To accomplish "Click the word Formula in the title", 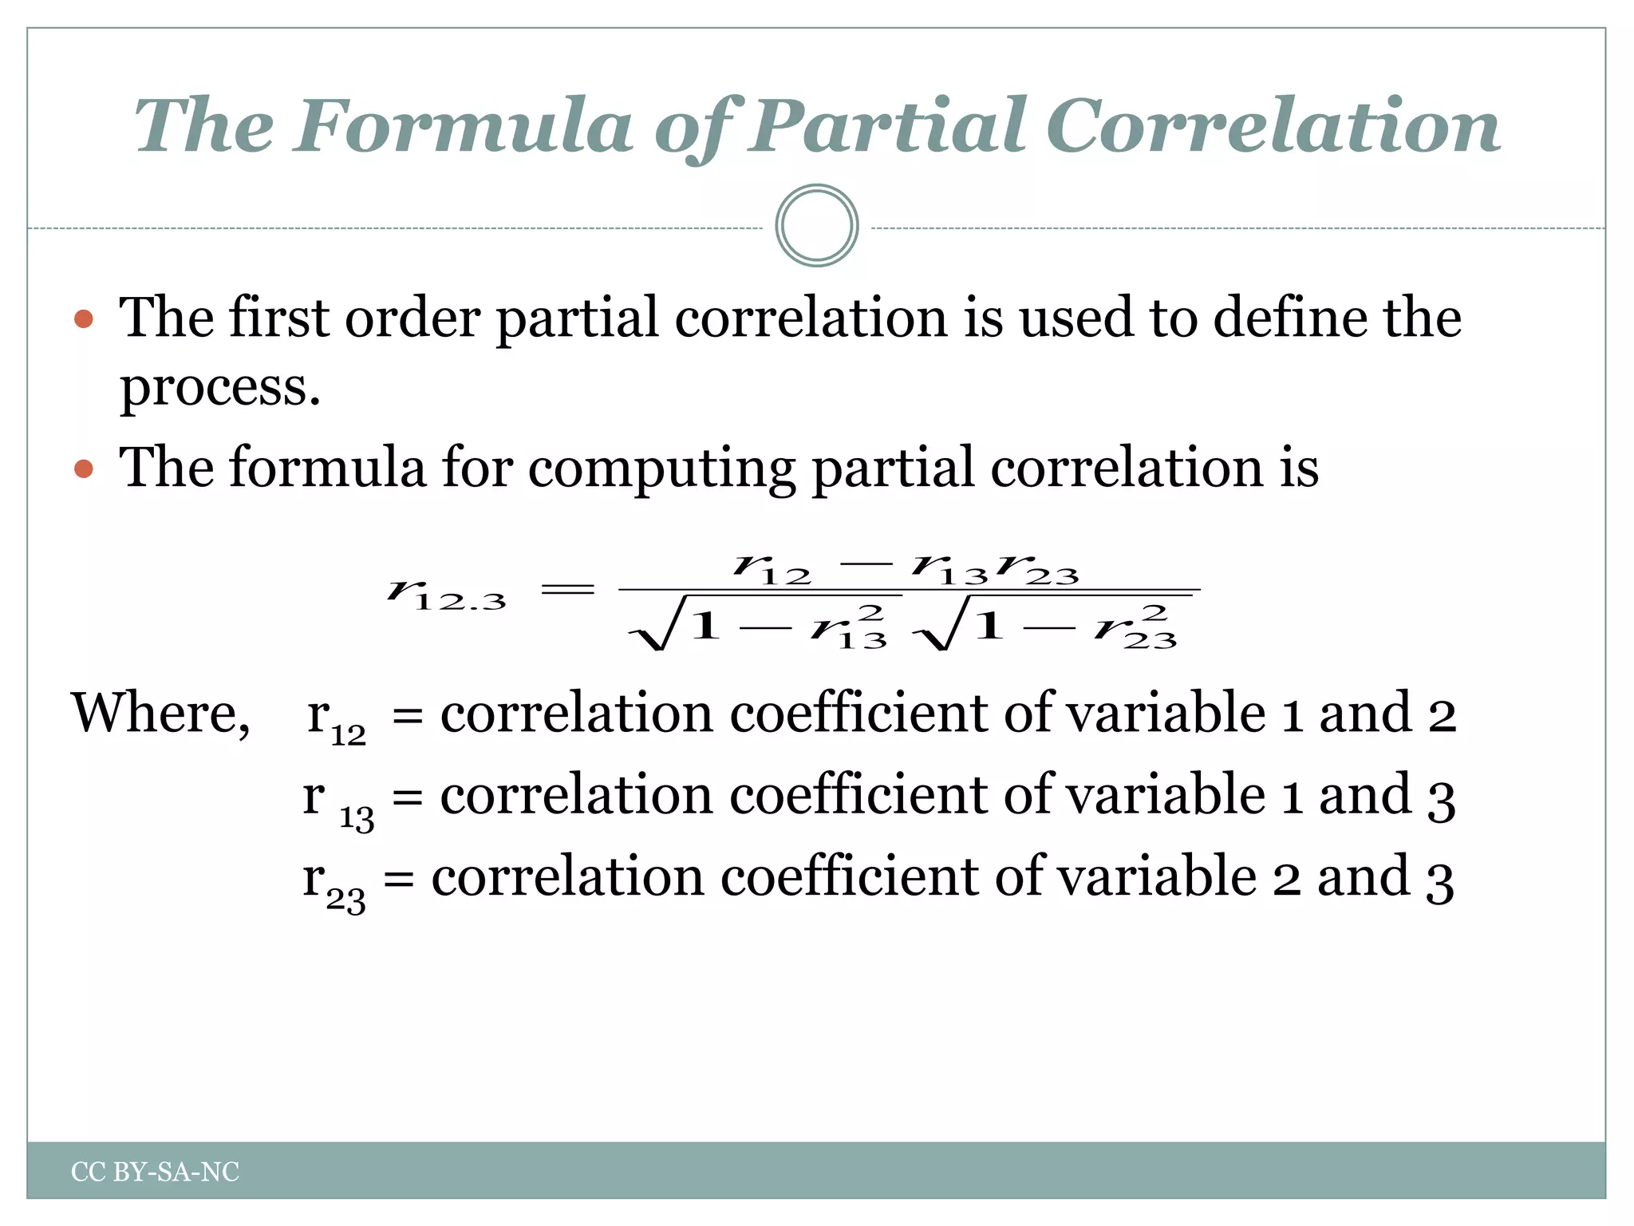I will pos(463,126).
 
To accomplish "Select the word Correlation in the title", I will pos(1273,126).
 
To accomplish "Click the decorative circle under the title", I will pos(816,226).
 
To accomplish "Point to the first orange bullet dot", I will pos(84,320).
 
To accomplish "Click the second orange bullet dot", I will pos(84,469).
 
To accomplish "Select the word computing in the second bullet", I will pos(661,469).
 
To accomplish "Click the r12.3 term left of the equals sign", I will pos(447,595).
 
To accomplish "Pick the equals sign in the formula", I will pos(568,590).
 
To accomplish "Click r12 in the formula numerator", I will pos(772,569).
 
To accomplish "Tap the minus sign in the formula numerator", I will pos(866,564).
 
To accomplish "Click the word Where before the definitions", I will pos(160,713).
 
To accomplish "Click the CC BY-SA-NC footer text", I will pos(155,1172).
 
